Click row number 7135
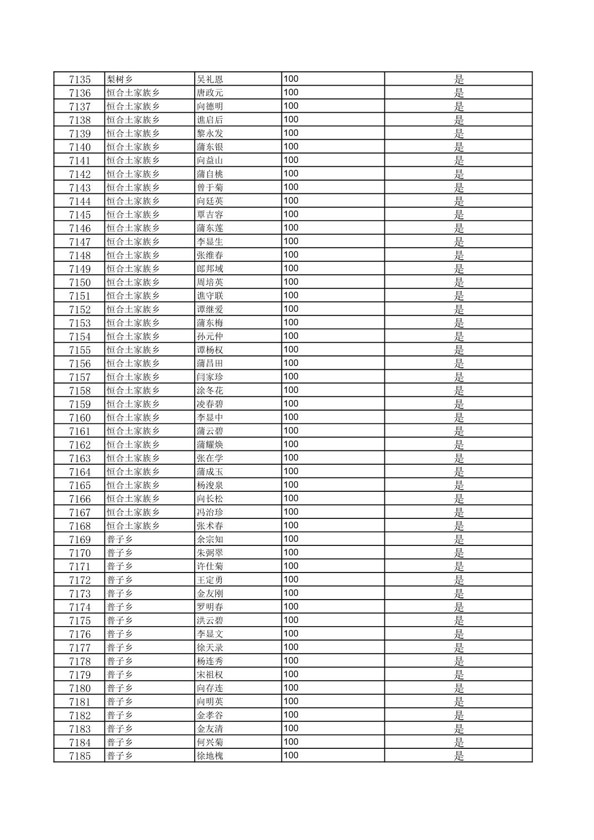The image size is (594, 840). tap(80, 79)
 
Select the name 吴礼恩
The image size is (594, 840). tap(210, 79)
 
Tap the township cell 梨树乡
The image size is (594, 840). tap(120, 79)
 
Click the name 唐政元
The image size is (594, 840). tap(210, 93)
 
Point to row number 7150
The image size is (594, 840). tap(80, 282)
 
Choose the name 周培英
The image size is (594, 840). tap(210, 282)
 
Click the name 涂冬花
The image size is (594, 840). tap(210, 391)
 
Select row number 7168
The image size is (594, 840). tap(80, 526)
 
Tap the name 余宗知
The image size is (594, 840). tap(210, 539)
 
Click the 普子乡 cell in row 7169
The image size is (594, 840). tap(120, 539)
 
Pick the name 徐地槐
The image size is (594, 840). tap(210, 756)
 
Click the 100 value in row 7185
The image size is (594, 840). tap(291, 755)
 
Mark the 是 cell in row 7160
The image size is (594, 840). tap(458, 418)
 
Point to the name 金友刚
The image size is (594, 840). tap(210, 594)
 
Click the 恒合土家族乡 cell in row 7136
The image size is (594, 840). tap(133, 93)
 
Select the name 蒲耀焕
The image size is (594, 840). tap(210, 445)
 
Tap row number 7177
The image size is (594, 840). tap(80, 648)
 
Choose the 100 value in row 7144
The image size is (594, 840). tap(291, 201)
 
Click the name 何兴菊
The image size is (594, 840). tap(210, 742)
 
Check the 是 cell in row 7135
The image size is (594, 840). tap(458, 79)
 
